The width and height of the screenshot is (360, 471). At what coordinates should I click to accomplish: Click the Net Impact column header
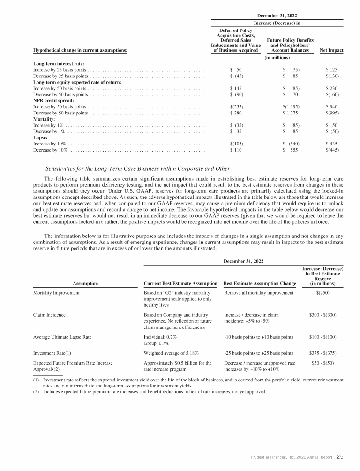click(330, 50)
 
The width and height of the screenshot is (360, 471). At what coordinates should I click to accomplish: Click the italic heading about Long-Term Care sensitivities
click(137, 168)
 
